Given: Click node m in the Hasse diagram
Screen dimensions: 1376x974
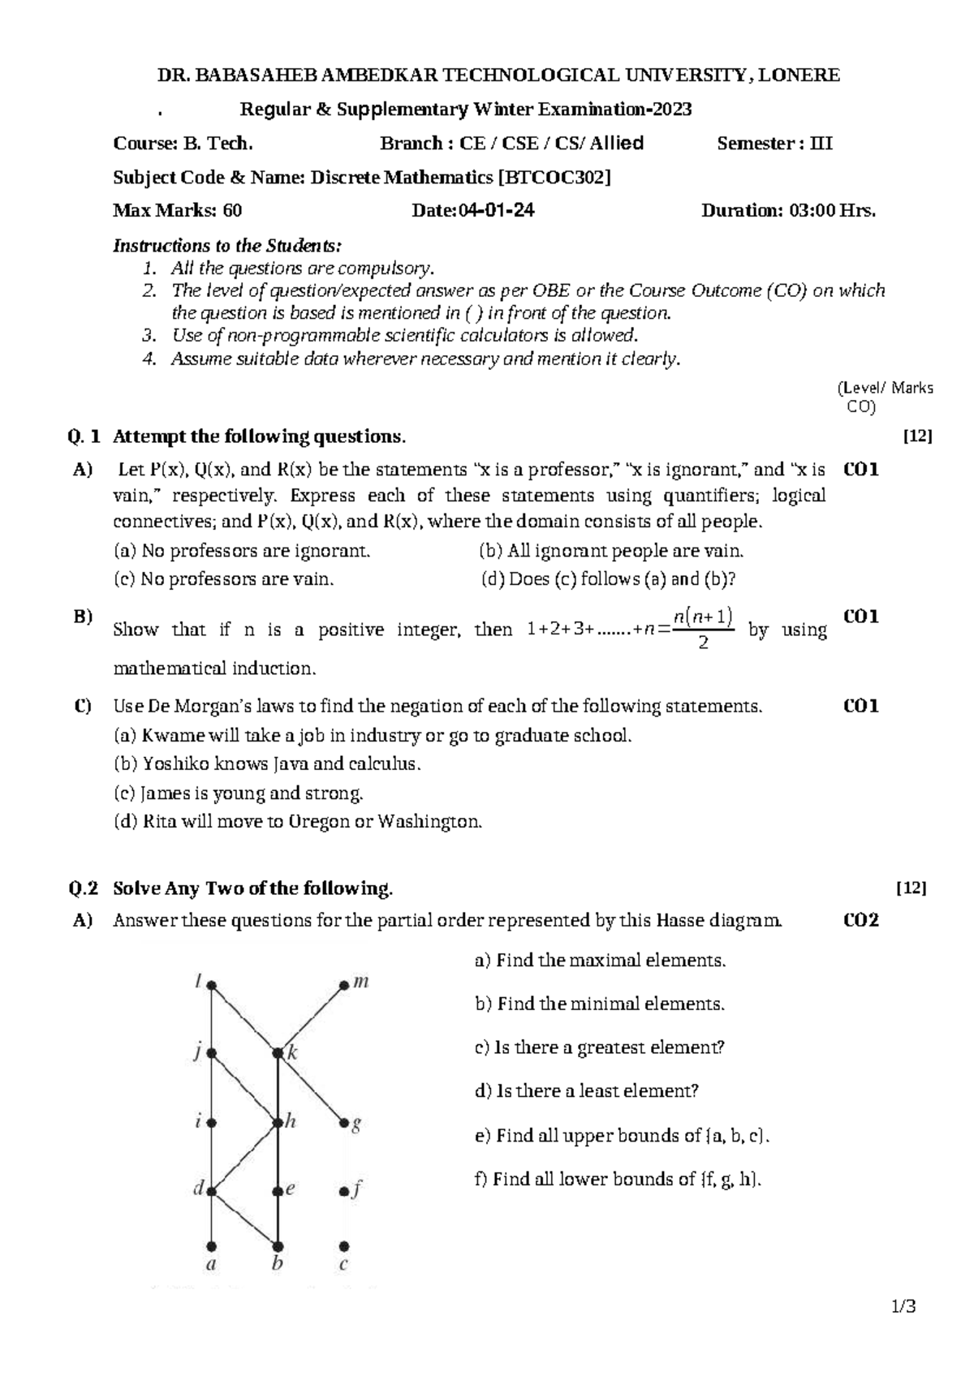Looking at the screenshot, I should click(x=344, y=986).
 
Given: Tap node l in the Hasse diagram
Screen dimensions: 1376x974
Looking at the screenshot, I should click(x=211, y=986).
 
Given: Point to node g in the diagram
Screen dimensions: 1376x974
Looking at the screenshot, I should click(x=344, y=1124).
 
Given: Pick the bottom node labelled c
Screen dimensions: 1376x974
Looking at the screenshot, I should click(x=344, y=1245).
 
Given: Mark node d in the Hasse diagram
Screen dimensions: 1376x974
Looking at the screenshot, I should click(x=211, y=1192).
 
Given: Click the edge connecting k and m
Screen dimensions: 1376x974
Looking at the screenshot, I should click(x=311, y=1020).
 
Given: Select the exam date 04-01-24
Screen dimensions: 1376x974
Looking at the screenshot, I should click(x=496, y=211).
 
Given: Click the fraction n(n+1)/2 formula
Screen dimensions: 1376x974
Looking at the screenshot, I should click(x=703, y=629).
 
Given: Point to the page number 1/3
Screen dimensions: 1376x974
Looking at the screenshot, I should click(x=903, y=1307).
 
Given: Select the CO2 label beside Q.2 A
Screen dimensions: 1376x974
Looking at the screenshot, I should click(x=861, y=920).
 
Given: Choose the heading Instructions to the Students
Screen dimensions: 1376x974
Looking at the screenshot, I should click(x=227, y=246).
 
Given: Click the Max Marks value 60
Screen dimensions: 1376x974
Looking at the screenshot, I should click(x=232, y=211).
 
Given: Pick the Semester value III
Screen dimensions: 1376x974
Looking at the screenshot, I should click(x=821, y=144).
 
